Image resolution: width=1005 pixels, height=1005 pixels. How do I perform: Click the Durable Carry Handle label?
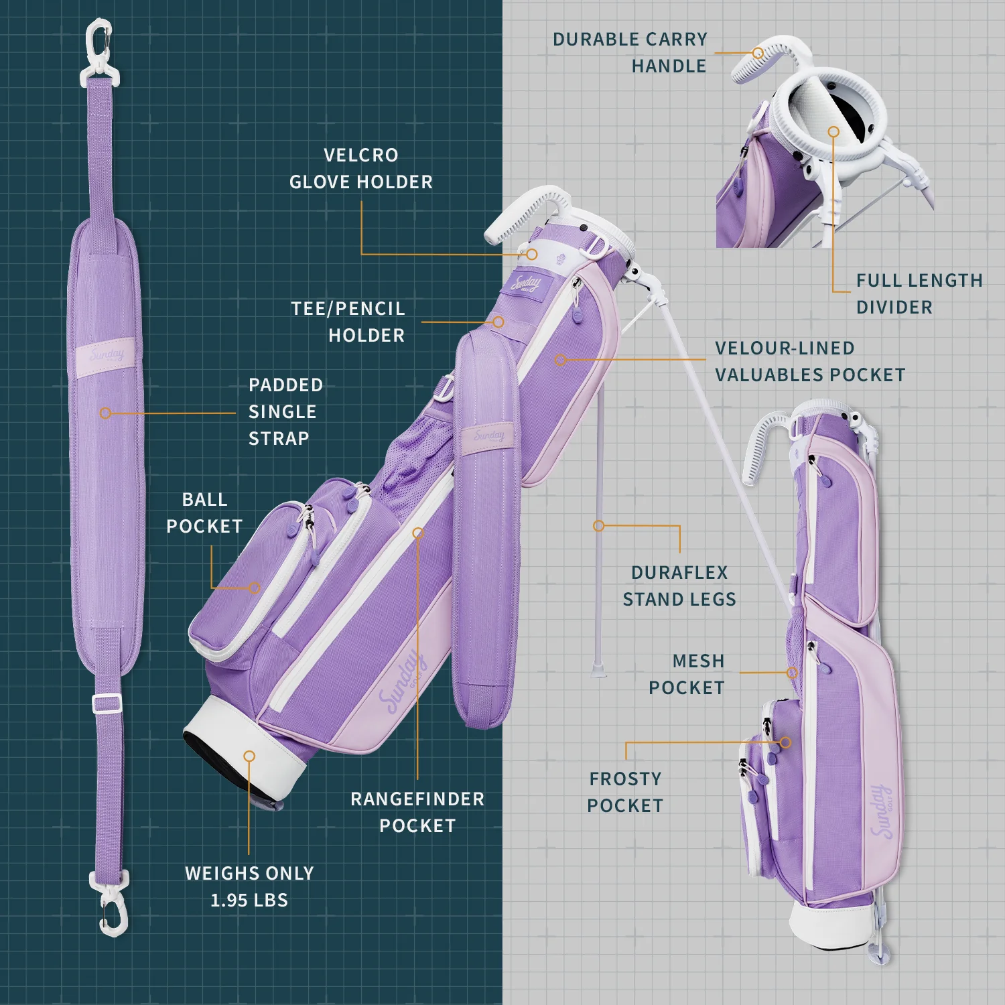[630, 52]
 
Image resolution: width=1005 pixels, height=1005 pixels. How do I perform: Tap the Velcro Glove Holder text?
[360, 168]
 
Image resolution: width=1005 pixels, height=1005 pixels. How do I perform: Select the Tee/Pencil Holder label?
[348, 322]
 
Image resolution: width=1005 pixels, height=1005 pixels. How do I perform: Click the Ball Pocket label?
[204, 513]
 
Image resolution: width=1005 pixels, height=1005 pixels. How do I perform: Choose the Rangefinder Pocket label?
[417, 812]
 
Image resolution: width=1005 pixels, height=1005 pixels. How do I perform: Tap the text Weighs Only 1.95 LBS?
[249, 886]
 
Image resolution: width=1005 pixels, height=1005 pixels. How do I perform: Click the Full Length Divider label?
[919, 293]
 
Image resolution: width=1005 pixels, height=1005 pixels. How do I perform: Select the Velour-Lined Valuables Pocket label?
[809, 361]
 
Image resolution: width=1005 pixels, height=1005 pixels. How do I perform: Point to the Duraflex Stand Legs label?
[679, 586]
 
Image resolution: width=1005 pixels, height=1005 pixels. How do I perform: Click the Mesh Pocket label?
[687, 674]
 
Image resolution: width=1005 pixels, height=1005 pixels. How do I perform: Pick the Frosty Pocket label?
[625, 792]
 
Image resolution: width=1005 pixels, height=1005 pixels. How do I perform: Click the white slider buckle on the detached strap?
[107, 703]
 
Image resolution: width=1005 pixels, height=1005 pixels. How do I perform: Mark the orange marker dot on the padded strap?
[105, 413]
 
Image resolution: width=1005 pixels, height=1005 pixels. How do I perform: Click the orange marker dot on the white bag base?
[249, 756]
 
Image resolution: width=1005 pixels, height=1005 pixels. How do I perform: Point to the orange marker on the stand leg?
[599, 526]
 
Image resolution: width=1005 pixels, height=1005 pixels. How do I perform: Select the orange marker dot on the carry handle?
[758, 53]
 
